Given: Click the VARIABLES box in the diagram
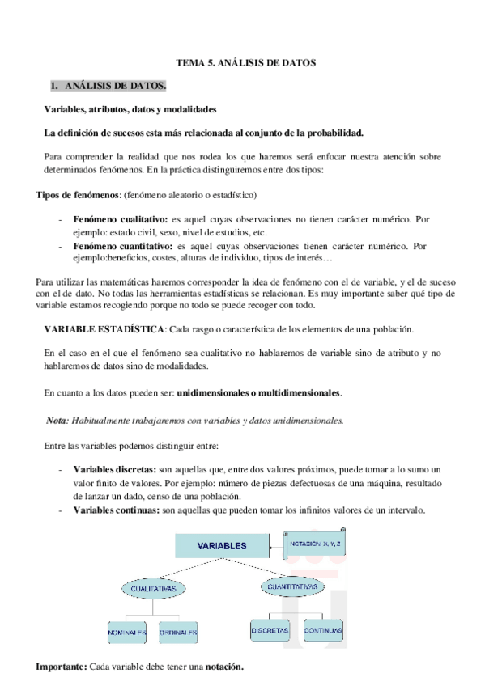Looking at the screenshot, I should pyautogui.click(x=222, y=546).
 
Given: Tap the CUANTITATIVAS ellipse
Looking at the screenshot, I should pyautogui.click(x=294, y=585).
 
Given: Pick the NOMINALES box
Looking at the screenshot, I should pyautogui.click(x=126, y=631).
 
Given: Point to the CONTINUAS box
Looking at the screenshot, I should pyautogui.click(x=323, y=629).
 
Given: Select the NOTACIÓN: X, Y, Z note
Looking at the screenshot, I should pyautogui.click(x=317, y=544).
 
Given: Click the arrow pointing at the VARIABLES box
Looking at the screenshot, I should pyautogui.click(x=276, y=545).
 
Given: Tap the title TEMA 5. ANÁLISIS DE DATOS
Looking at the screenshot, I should pyautogui.click(x=246, y=61).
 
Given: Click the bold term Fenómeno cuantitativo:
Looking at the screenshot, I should pyautogui.click(x=122, y=244).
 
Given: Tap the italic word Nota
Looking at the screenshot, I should pyautogui.click(x=56, y=421).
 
